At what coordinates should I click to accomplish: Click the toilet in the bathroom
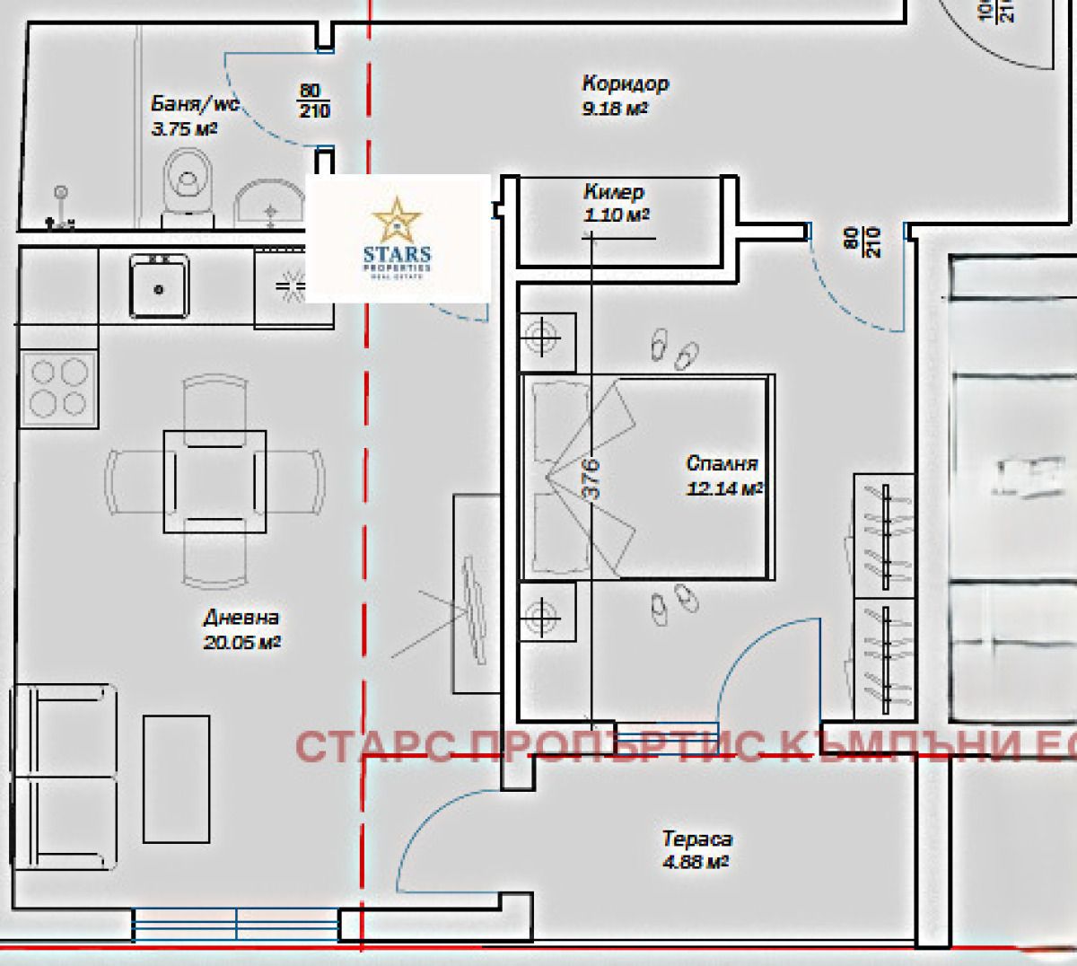tap(188, 184)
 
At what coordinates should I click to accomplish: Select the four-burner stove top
tap(59, 388)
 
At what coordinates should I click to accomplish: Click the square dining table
tap(215, 481)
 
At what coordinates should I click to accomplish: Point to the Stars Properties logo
tap(398, 239)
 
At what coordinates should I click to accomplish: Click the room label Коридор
tap(625, 84)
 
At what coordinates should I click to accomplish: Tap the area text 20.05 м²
tap(241, 642)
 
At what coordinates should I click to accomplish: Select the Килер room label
tap(614, 192)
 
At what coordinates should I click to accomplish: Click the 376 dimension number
tap(591, 479)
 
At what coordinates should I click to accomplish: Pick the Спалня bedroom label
tap(722, 463)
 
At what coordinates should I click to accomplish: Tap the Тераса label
tap(696, 839)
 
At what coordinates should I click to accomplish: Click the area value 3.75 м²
tap(184, 128)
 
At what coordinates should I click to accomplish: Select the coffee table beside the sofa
tap(177, 778)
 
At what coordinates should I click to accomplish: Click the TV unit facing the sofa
tap(475, 593)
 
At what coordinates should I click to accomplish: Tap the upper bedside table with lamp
tap(547, 341)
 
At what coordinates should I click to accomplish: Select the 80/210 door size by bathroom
tap(314, 101)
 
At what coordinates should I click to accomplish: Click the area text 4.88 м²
tap(695, 862)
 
